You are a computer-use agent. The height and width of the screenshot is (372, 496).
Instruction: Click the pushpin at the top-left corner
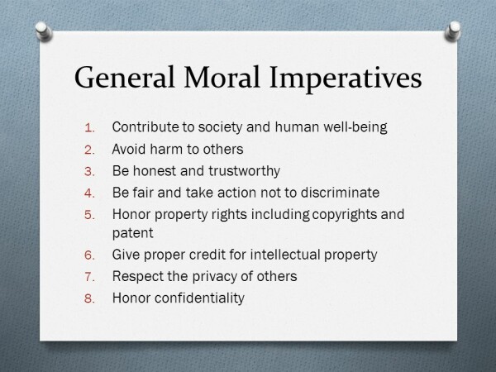click(43, 31)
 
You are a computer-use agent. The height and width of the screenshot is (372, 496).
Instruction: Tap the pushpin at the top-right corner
click(453, 31)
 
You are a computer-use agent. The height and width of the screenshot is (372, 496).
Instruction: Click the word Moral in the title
click(222, 77)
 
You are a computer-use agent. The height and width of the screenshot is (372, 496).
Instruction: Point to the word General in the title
click(124, 77)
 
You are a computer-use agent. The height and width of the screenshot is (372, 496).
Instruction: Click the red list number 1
click(90, 128)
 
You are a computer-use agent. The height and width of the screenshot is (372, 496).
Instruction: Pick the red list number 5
click(90, 215)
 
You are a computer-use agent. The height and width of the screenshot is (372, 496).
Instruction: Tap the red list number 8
click(90, 298)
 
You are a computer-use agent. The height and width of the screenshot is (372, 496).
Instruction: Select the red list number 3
click(90, 172)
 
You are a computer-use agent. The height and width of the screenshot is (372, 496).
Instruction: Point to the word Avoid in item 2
click(129, 149)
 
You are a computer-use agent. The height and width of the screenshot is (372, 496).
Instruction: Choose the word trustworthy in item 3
click(244, 171)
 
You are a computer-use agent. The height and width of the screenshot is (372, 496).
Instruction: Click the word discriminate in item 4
click(340, 193)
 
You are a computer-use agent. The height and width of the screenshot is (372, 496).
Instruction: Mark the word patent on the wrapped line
click(132, 233)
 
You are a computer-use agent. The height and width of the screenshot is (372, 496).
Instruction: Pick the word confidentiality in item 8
click(199, 298)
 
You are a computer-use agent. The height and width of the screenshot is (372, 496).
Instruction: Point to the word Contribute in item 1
click(145, 127)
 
